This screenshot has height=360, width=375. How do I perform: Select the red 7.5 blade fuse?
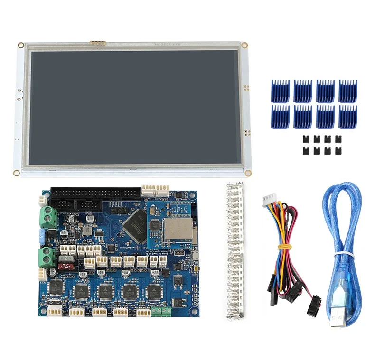pos(66,267)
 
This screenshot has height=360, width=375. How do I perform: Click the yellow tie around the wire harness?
pos(284,246)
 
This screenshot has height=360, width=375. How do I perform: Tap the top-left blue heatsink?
pos(280,90)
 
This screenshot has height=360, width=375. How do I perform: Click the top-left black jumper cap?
pos(304,139)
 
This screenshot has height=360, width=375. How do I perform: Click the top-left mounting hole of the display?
pos(21,45)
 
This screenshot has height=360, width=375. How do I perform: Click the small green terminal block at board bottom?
pos(161,311)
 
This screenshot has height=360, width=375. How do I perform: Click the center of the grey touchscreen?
pos(133,107)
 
